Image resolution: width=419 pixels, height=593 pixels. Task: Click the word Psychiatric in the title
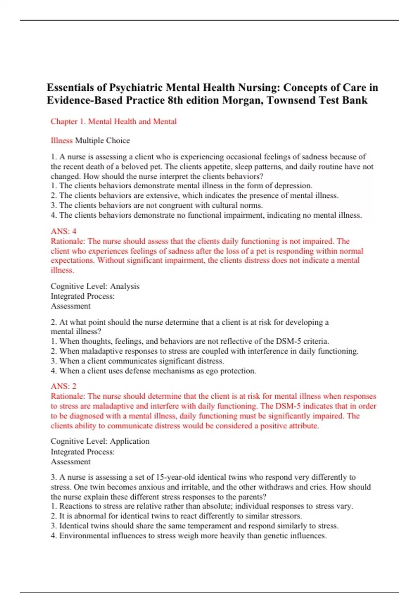pos(136,88)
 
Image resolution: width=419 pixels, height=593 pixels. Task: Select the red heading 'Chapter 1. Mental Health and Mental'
pos(113,121)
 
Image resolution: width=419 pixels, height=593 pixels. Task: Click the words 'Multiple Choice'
pos(102,141)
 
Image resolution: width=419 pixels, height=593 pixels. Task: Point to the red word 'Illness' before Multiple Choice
pos(61,141)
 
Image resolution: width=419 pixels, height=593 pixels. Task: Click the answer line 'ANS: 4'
pos(64,231)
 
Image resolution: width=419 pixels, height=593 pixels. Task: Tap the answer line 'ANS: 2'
pos(64,386)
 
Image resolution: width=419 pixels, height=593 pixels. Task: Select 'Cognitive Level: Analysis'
pos(95,286)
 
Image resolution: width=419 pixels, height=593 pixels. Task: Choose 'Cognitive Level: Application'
pos(100,441)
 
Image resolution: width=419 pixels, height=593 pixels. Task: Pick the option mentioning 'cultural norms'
pos(157,205)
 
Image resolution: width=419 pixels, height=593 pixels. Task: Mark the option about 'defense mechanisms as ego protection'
pos(154,371)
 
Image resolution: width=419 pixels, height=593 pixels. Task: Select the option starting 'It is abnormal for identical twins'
pos(176,516)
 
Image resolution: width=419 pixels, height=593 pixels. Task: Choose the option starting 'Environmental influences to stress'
pos(189,536)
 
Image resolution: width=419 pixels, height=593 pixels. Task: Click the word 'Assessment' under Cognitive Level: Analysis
pos(71,306)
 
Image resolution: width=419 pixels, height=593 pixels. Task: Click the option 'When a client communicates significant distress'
pos(138,361)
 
